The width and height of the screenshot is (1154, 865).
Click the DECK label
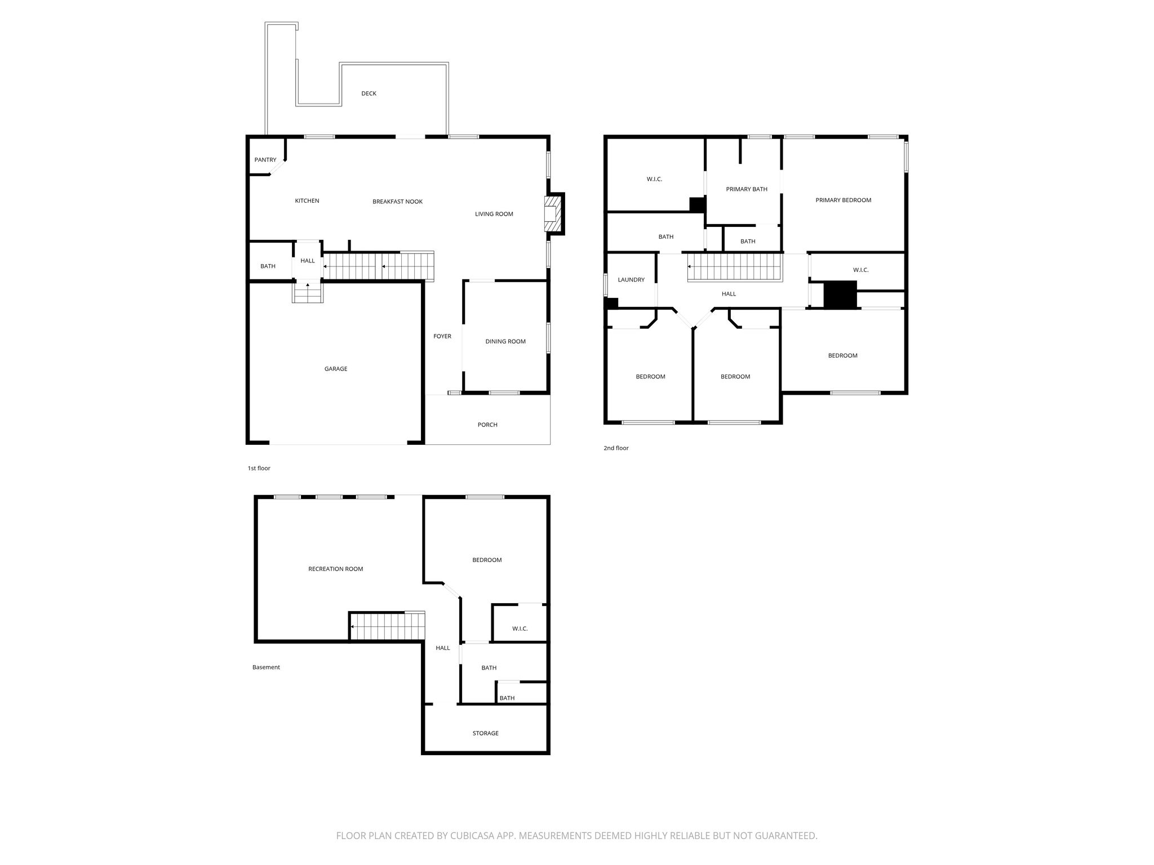coord(369,93)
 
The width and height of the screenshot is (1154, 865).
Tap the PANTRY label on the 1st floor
coord(265,160)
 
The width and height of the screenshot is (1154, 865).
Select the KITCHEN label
coord(307,201)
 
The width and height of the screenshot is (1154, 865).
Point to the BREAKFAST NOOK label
coord(397,202)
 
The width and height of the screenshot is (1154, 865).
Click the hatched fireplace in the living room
coord(554,213)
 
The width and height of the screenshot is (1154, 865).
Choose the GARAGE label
coord(336,369)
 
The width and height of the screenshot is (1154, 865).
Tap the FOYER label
coord(442,337)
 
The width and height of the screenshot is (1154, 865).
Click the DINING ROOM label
coord(505,341)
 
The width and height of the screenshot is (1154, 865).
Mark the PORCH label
coord(487,425)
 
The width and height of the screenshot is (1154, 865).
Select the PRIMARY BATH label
coord(747,189)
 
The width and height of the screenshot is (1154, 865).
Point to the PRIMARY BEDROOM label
coord(844,200)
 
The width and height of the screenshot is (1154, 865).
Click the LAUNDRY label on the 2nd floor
coord(631,280)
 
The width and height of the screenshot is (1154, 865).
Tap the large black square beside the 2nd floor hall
coord(840,295)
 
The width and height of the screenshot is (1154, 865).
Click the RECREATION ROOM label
coord(336,569)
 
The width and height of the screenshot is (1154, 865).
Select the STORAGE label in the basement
coord(486,733)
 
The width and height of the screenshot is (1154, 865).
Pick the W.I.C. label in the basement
coord(520,628)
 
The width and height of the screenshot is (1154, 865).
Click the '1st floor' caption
coord(259,469)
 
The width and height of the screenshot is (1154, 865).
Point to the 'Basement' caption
coord(266,667)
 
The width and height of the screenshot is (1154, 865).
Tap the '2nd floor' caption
coord(616,448)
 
